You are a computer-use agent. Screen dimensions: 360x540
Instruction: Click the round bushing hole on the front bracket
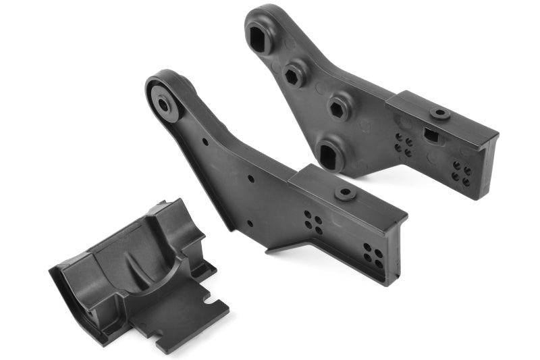point(164,105)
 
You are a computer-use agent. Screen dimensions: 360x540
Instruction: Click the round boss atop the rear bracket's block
point(440,114)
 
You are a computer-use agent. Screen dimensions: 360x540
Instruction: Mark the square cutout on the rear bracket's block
point(431,135)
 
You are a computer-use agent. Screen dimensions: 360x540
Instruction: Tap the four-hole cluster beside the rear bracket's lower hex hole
point(404,144)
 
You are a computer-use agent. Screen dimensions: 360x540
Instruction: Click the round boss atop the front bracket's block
point(346,193)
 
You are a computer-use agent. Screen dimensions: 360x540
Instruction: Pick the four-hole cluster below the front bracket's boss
point(313,222)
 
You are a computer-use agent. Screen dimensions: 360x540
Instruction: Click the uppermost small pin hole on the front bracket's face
point(205,141)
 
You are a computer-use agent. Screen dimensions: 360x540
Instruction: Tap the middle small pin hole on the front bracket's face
point(250,179)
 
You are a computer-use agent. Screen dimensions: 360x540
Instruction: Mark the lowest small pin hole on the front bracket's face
point(249,223)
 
